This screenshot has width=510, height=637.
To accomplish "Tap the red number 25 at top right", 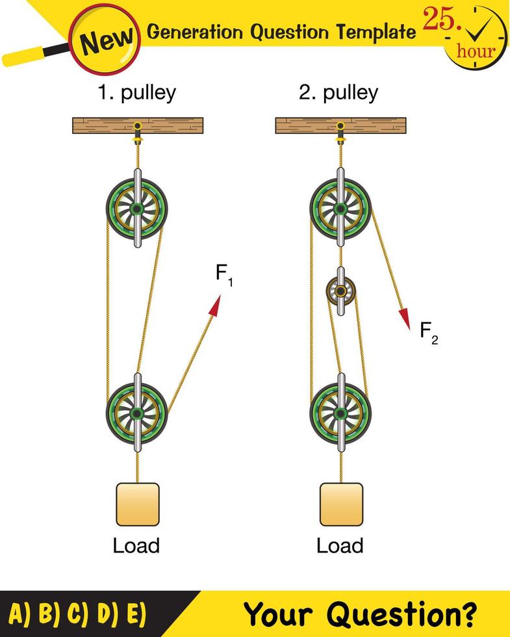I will [440, 21].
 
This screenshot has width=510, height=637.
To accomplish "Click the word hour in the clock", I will [476, 51].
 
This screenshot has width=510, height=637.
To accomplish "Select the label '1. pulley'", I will [136, 92].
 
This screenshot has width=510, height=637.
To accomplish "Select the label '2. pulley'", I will [338, 92].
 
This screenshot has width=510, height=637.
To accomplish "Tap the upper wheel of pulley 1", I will [137, 209].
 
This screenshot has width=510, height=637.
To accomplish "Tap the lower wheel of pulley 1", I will [137, 413].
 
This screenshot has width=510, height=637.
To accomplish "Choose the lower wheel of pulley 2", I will [340, 413].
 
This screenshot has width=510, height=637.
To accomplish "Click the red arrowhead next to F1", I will [215, 305].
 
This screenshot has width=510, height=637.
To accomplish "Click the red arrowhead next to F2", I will [405, 318].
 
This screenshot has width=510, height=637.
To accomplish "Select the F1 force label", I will [224, 274].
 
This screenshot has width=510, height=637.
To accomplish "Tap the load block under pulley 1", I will [137, 504].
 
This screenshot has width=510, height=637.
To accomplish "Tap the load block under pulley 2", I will [341, 504].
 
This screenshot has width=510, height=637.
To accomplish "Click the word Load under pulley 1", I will [136, 545].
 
